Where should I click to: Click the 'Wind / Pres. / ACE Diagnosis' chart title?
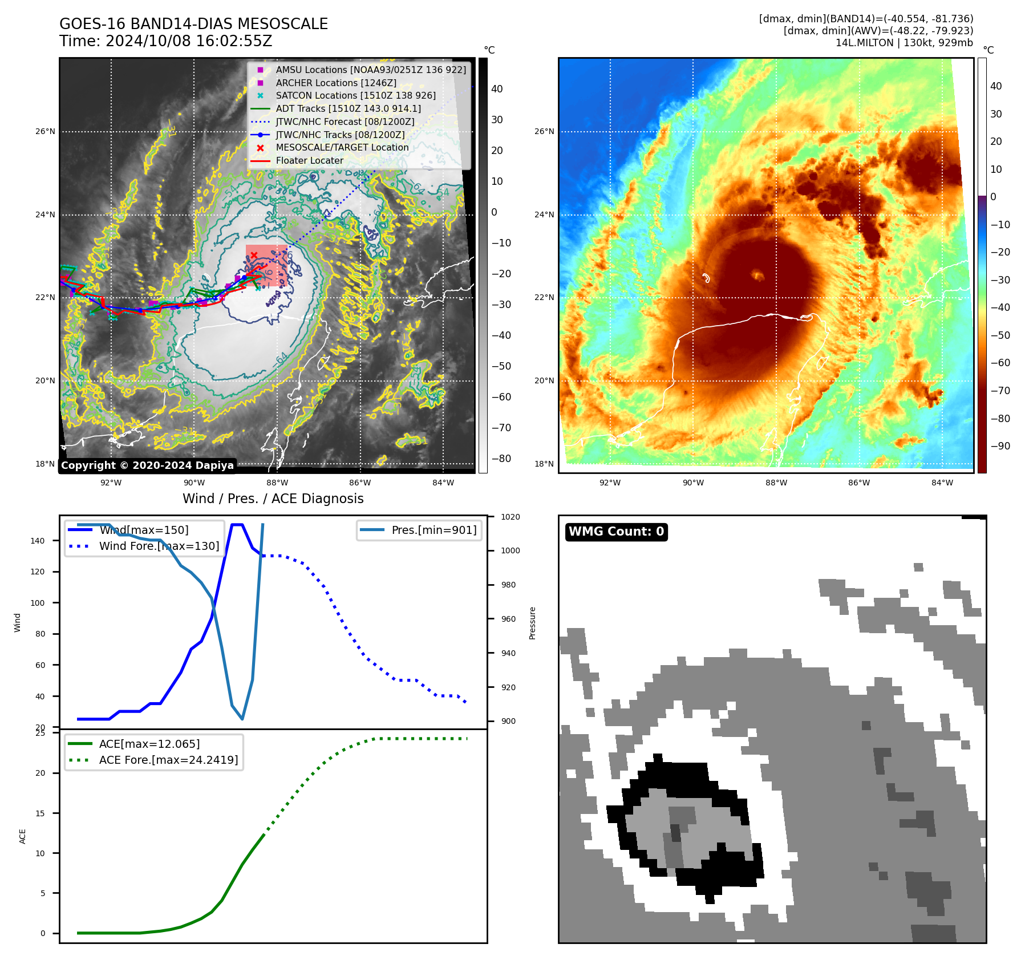point(273,499)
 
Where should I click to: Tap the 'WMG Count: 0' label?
point(616,532)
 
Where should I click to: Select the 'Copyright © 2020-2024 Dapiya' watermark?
point(147,465)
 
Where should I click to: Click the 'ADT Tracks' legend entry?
point(348,108)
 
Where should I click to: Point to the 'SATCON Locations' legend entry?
point(355,95)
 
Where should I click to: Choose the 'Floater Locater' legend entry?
point(309,160)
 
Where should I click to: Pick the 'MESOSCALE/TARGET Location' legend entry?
point(342,147)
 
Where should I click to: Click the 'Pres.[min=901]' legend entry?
point(434,530)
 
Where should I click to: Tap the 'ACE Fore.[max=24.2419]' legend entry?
point(168,760)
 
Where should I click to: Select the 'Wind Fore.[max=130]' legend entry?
point(159,546)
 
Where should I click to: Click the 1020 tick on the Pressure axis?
point(510,517)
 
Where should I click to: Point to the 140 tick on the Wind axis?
point(38,541)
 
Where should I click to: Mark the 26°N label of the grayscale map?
point(46,131)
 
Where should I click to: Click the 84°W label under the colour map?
point(942,483)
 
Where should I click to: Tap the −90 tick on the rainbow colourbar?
point(1000,446)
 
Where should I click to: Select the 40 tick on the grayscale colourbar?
point(497,89)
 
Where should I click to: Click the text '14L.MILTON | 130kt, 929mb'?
point(904,43)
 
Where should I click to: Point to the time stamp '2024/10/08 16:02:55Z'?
point(189,42)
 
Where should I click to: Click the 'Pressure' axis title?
point(532,623)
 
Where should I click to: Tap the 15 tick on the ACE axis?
point(40,813)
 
